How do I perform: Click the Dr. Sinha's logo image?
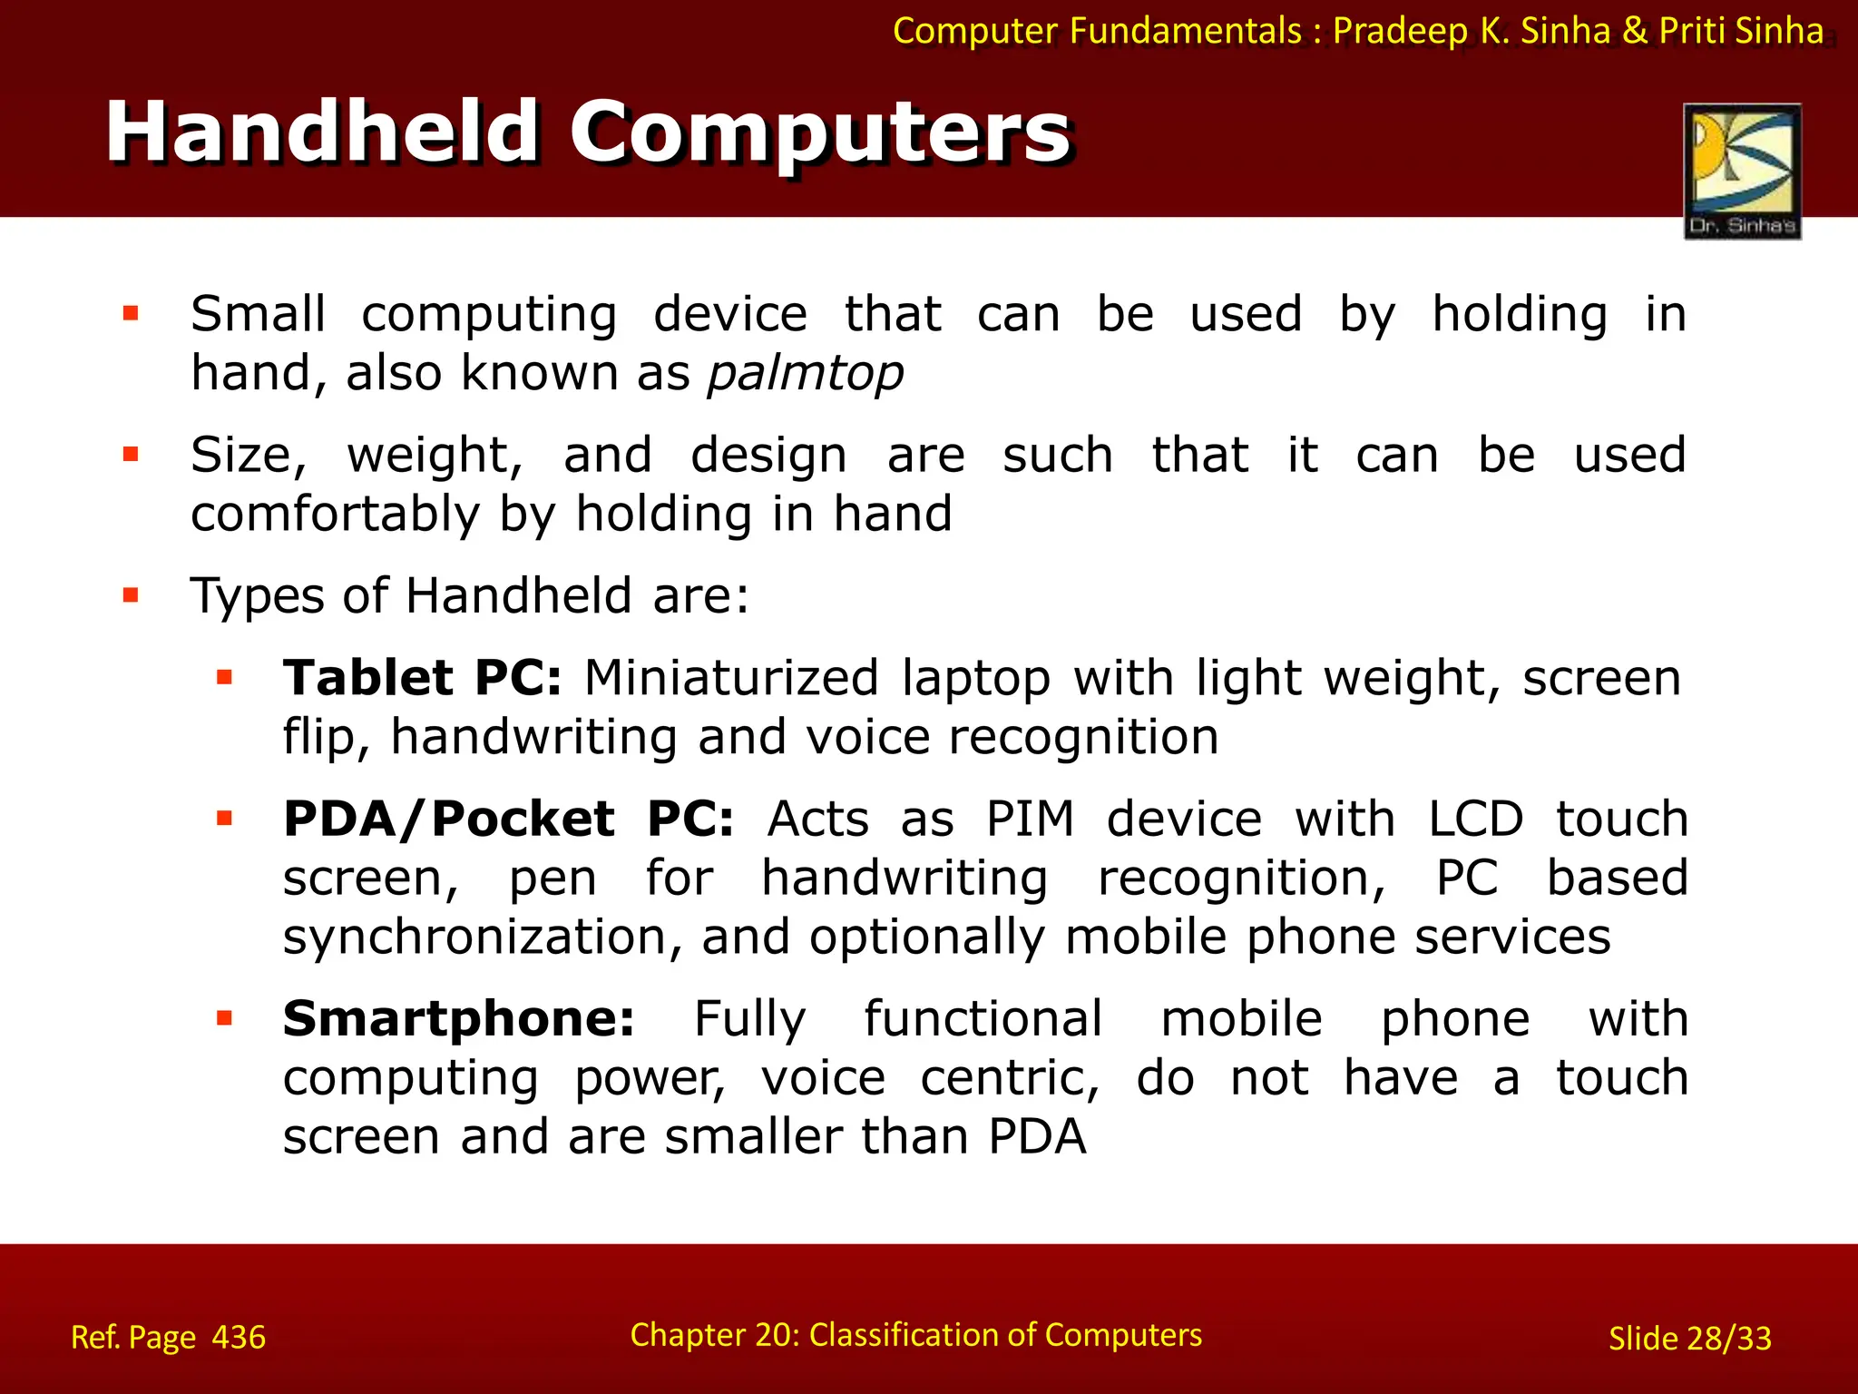pyautogui.click(x=1742, y=171)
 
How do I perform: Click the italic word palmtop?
pyautogui.click(x=806, y=373)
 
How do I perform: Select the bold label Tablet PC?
pyautogui.click(x=422, y=678)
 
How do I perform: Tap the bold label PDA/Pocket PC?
pyautogui.click(x=508, y=819)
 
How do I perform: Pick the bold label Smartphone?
pyautogui.click(x=458, y=1018)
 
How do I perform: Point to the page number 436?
pyautogui.click(x=239, y=1338)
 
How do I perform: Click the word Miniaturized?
pyautogui.click(x=731, y=678)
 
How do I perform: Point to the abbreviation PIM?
pyautogui.click(x=1030, y=819)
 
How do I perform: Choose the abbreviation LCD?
pyautogui.click(x=1475, y=819)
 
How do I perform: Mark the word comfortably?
pyautogui.click(x=334, y=515)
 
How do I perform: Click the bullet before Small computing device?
pyautogui.click(x=131, y=314)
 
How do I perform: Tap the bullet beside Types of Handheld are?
pyautogui.click(x=131, y=596)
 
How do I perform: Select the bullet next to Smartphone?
pyautogui.click(x=224, y=1018)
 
